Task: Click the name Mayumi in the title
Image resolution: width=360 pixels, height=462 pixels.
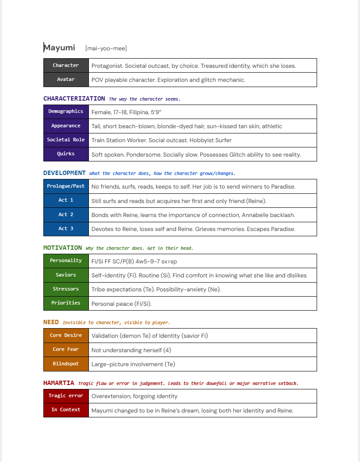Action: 60,48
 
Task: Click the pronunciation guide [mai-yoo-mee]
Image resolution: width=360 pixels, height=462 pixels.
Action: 106,49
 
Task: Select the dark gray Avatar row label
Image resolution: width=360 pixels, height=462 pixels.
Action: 66,80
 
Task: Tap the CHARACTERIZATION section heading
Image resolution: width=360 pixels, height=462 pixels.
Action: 74,99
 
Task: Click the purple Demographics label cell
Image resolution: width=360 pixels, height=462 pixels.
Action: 66,112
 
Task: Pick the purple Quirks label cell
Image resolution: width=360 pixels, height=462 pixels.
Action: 66,154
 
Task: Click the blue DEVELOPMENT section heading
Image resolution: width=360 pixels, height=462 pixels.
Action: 64,173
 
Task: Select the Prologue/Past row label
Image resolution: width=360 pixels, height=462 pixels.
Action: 66,186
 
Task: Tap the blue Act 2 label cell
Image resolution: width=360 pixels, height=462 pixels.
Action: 66,215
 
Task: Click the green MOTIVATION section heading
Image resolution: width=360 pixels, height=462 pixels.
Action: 63,248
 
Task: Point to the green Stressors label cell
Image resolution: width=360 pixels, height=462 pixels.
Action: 66,289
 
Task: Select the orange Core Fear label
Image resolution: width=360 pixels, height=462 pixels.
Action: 66,350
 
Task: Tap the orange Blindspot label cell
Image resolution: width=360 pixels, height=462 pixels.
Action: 66,364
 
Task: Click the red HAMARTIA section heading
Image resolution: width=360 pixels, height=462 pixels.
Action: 59,383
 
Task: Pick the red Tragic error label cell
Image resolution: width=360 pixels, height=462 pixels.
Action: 66,396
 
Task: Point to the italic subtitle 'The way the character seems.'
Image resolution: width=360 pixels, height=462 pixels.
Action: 145,99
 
